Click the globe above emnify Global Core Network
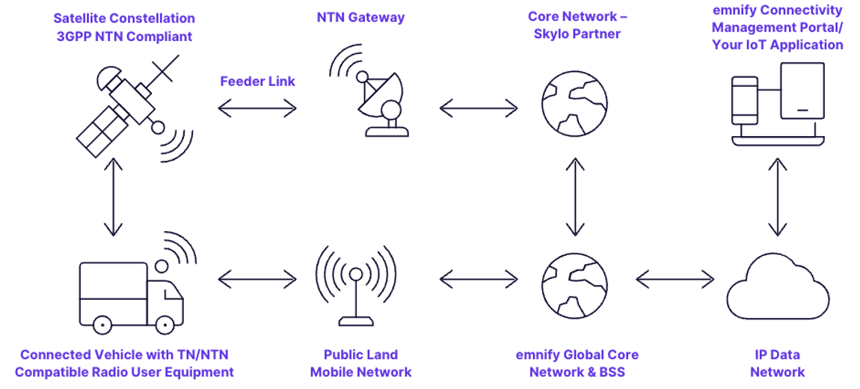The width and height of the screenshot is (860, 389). click(574, 280)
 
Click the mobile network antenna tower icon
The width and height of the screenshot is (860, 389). click(355, 284)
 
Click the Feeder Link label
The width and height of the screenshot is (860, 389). click(257, 82)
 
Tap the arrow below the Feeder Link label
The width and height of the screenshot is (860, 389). click(257, 109)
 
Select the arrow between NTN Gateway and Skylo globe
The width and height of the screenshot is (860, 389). click(479, 109)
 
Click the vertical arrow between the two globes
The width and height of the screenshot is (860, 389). click(574, 196)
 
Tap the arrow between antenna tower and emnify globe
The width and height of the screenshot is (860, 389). click(479, 280)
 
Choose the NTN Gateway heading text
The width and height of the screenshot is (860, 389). click(360, 17)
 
